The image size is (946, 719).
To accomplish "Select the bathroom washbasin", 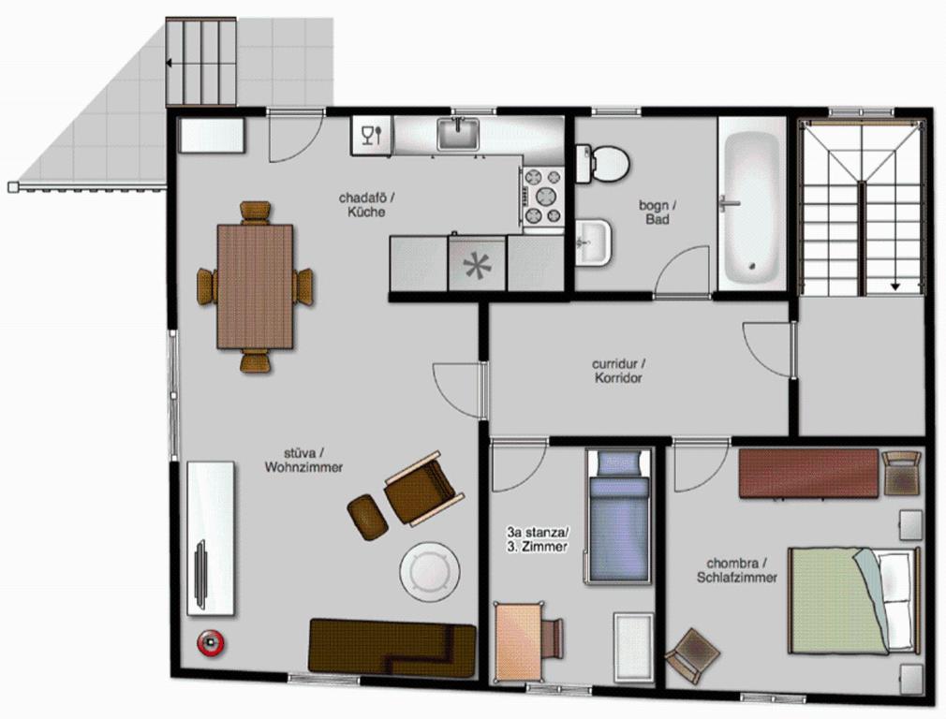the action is point(594,242).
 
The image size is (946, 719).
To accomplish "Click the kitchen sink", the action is point(458,133).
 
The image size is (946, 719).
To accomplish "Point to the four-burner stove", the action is point(542,197).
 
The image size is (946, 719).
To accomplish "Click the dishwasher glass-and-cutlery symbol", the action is point(371,135).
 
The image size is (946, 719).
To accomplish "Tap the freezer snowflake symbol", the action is point(477,265).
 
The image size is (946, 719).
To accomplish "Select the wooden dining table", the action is point(255,286).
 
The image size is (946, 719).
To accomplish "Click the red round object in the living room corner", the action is point(210,643).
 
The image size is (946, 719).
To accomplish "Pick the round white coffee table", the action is point(430,571).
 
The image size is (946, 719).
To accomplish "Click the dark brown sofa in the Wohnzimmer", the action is point(392,647).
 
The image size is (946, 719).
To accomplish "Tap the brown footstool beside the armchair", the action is point(367,517).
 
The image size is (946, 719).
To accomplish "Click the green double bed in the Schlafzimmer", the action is point(853,600).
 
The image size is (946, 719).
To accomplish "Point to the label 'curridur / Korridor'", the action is point(618,372).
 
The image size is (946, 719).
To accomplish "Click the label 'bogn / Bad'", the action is point(658,213).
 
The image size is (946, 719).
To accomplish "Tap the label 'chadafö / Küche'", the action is point(367,205).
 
